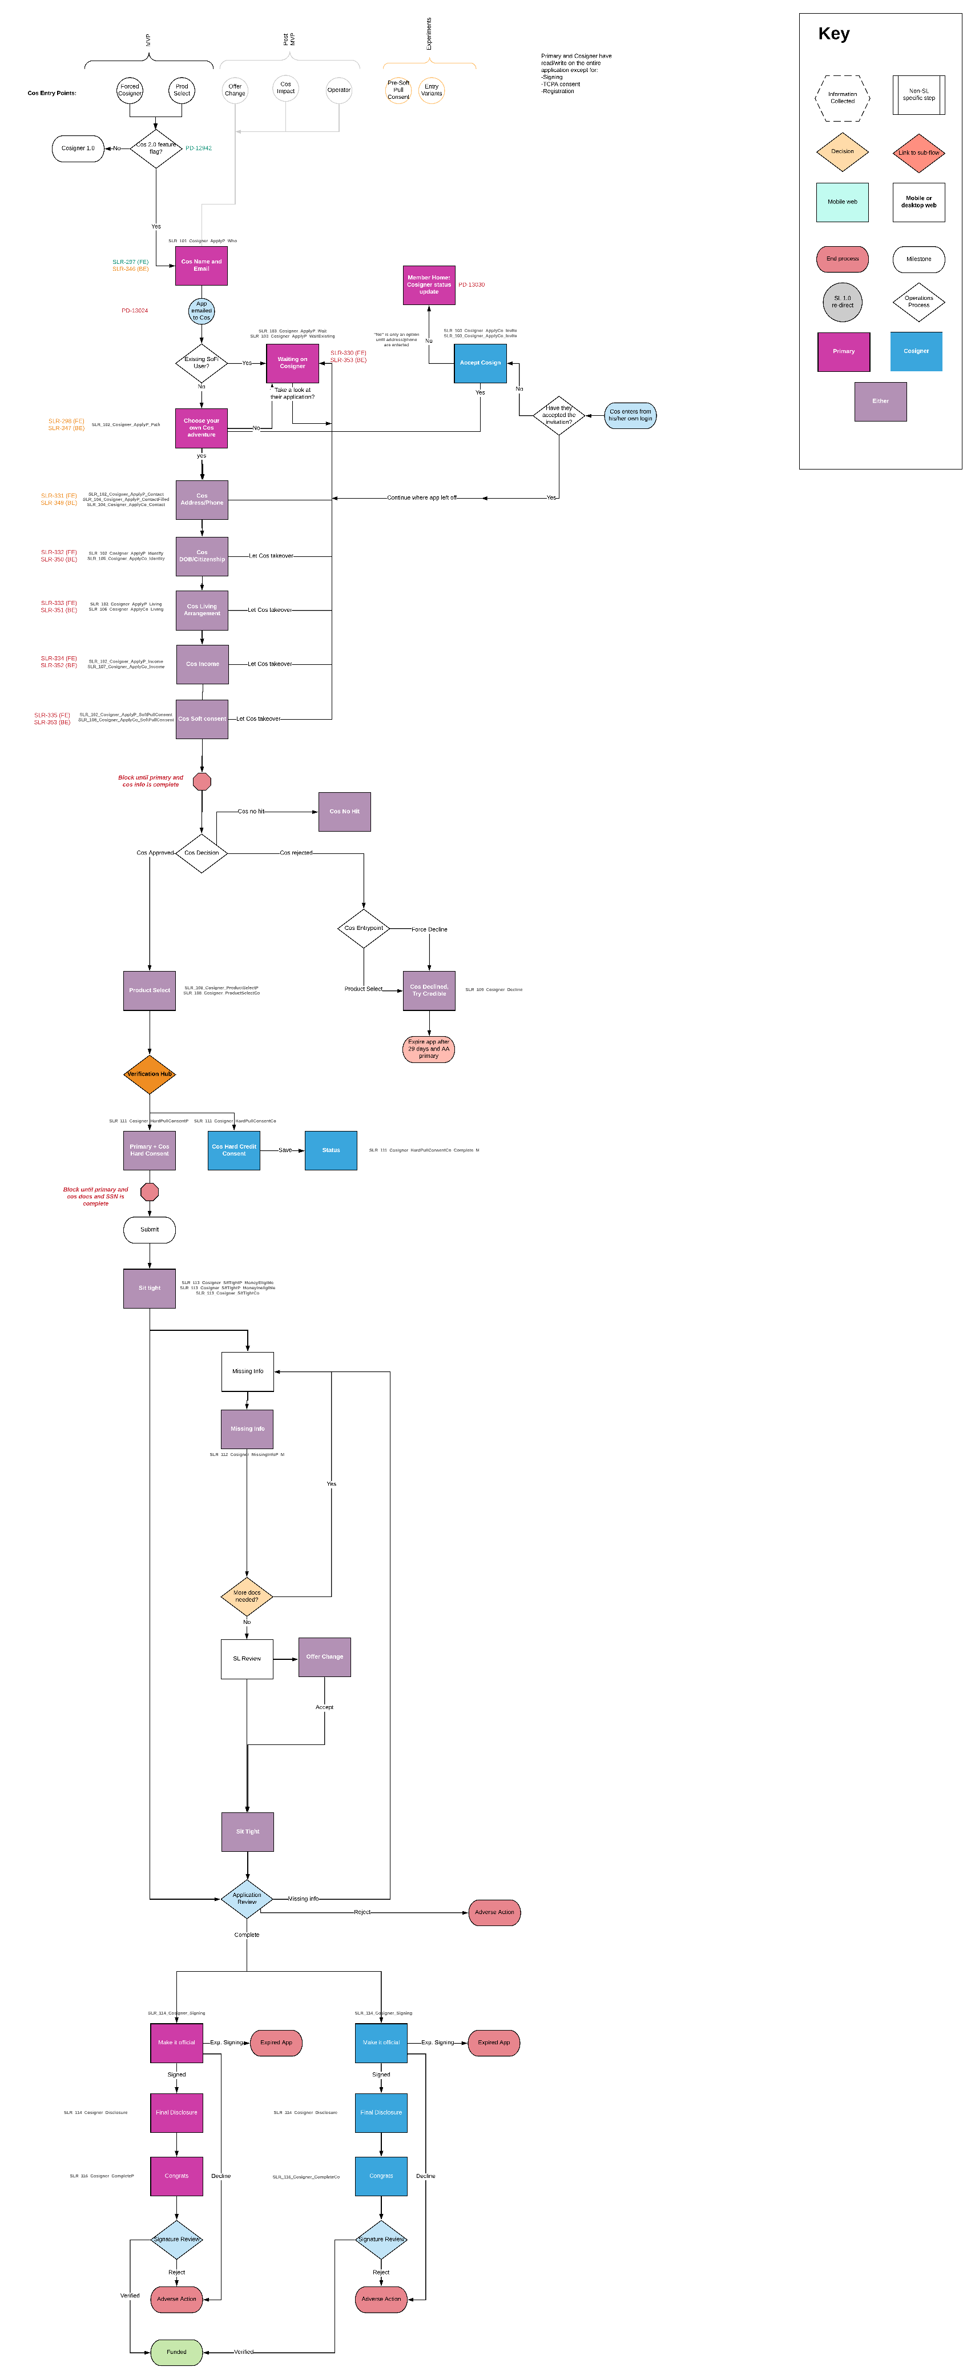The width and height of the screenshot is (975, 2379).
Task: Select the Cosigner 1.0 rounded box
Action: click(x=78, y=148)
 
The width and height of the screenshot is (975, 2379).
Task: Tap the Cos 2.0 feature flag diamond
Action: click(x=155, y=148)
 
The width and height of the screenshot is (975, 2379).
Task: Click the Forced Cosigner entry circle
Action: click(x=129, y=90)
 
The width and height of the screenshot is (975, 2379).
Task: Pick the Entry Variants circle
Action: click(x=431, y=90)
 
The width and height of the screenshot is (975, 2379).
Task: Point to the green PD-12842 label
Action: click(x=199, y=148)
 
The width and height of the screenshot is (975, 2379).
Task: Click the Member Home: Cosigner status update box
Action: click(x=428, y=284)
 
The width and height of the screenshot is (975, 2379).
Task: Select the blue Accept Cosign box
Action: click(x=480, y=363)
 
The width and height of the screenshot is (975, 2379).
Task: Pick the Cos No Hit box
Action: click(x=344, y=812)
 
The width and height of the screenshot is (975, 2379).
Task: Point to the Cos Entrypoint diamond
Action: click(x=364, y=928)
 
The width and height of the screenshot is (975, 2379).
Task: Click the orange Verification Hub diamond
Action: click(x=150, y=1074)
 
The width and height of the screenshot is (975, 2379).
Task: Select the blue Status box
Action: click(x=331, y=1151)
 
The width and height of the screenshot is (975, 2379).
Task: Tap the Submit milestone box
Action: click(x=150, y=1229)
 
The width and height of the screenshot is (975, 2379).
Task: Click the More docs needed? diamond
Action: click(x=247, y=1596)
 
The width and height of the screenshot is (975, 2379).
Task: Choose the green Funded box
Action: click(x=176, y=2352)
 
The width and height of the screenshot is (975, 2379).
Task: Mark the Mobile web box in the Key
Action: click(x=842, y=201)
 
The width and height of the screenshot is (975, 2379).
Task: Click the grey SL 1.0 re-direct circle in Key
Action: click(x=842, y=302)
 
